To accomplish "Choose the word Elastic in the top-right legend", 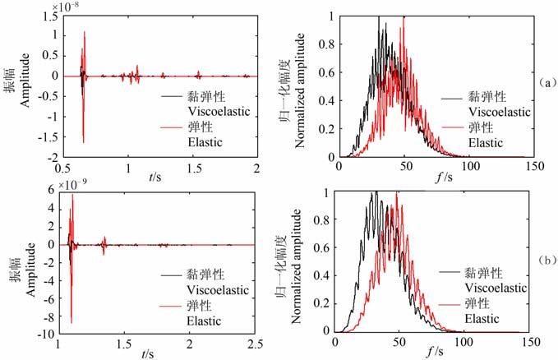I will [x=491, y=143].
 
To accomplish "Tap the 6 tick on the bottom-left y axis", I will [x=51, y=189].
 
